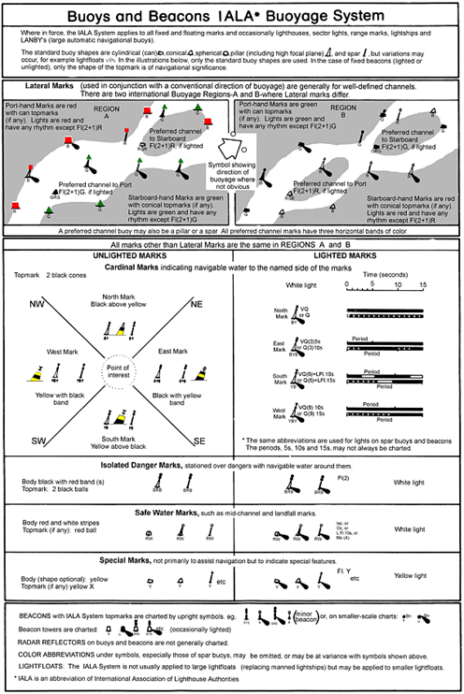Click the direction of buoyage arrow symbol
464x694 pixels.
(x=225, y=149)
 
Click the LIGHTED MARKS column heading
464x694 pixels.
(x=341, y=254)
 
